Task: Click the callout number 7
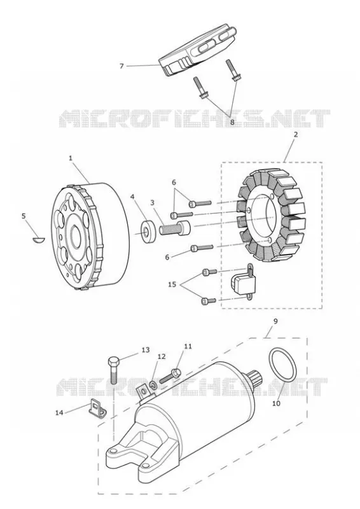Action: pos(121,66)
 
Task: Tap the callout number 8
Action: pos(232,122)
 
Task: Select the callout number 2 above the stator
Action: pos(295,134)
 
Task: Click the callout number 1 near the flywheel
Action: pos(71,158)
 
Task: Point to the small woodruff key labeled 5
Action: pos(39,240)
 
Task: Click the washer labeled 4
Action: pos(147,232)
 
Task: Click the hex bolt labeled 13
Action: pos(113,370)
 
